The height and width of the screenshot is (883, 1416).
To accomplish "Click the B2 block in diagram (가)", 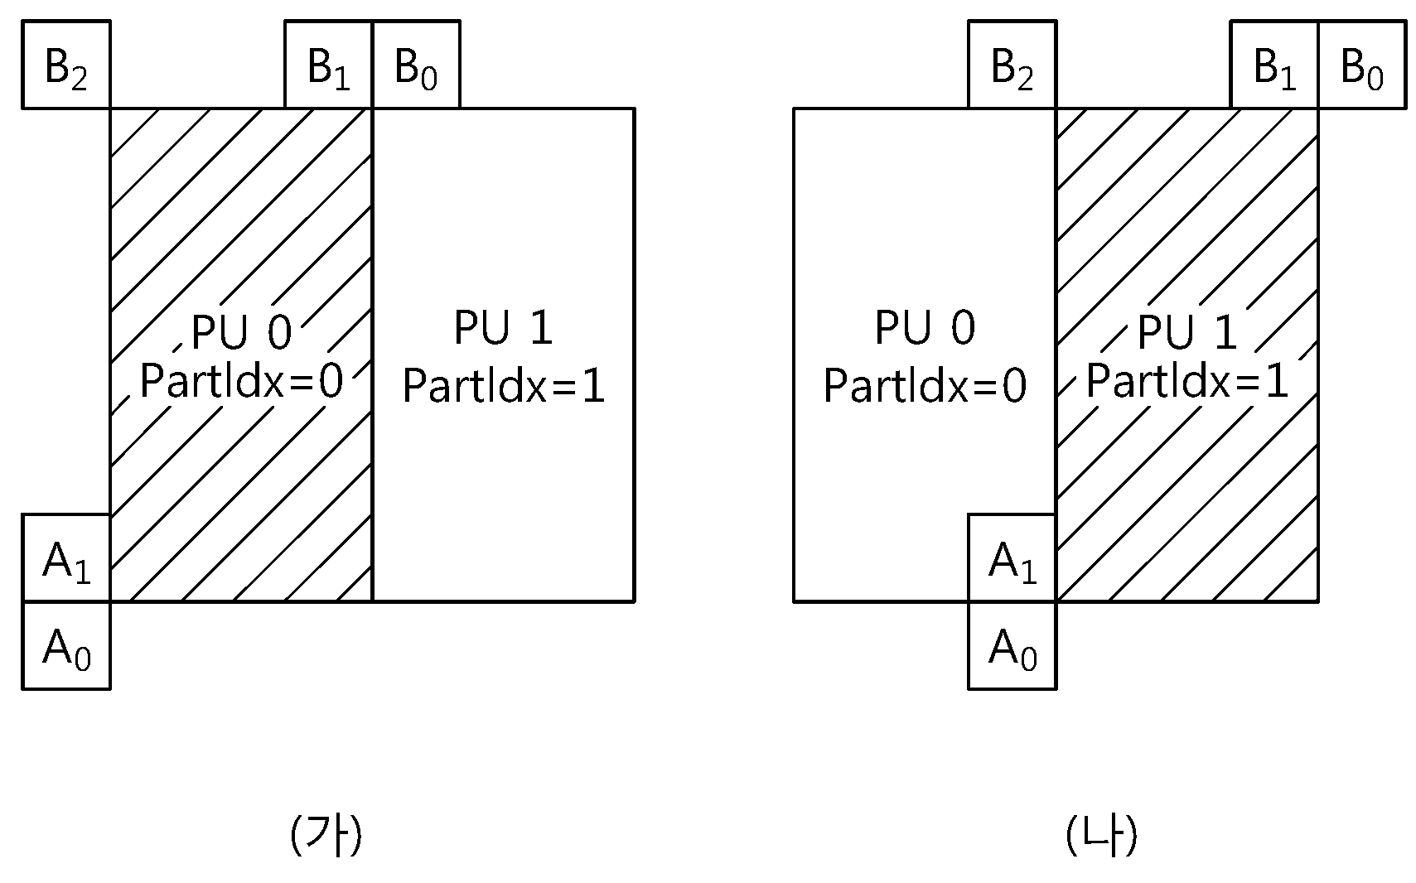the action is click(x=66, y=65).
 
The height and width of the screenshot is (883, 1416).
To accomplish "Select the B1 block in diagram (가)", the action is click(x=329, y=65).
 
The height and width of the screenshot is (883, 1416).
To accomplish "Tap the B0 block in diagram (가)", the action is click(x=417, y=65).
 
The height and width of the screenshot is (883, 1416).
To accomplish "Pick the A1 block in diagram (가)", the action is click(x=66, y=557).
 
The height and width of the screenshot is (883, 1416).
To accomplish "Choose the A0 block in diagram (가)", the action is click(x=66, y=645).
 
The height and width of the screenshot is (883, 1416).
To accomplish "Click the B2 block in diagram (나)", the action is click(x=1012, y=65).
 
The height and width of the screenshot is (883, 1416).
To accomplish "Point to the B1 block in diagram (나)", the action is click(x=1274, y=65).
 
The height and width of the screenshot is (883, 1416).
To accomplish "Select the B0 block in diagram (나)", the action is click(x=1362, y=65).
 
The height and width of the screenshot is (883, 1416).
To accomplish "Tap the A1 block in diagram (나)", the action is click(x=1012, y=557).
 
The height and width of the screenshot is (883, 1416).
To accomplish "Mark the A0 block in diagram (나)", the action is click(x=1012, y=645).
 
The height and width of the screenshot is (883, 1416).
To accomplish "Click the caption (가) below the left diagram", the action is click(x=326, y=835).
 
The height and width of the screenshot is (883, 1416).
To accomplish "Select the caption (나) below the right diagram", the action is click(x=1102, y=835).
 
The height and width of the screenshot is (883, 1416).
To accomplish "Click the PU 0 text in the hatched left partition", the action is click(x=241, y=331).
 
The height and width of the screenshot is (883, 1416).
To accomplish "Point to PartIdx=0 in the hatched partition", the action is click(x=241, y=381).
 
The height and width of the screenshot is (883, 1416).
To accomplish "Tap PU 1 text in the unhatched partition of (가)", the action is click(x=504, y=327).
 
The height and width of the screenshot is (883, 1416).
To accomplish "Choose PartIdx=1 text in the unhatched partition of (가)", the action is click(x=504, y=385).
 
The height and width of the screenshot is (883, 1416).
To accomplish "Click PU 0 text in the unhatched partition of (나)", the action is click(x=925, y=327).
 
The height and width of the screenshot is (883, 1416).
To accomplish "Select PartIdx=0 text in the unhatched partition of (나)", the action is click(x=925, y=385).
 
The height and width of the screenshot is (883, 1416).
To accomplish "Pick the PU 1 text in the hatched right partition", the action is click(x=1187, y=331).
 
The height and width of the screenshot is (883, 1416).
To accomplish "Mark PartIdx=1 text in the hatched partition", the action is click(x=1187, y=381).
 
